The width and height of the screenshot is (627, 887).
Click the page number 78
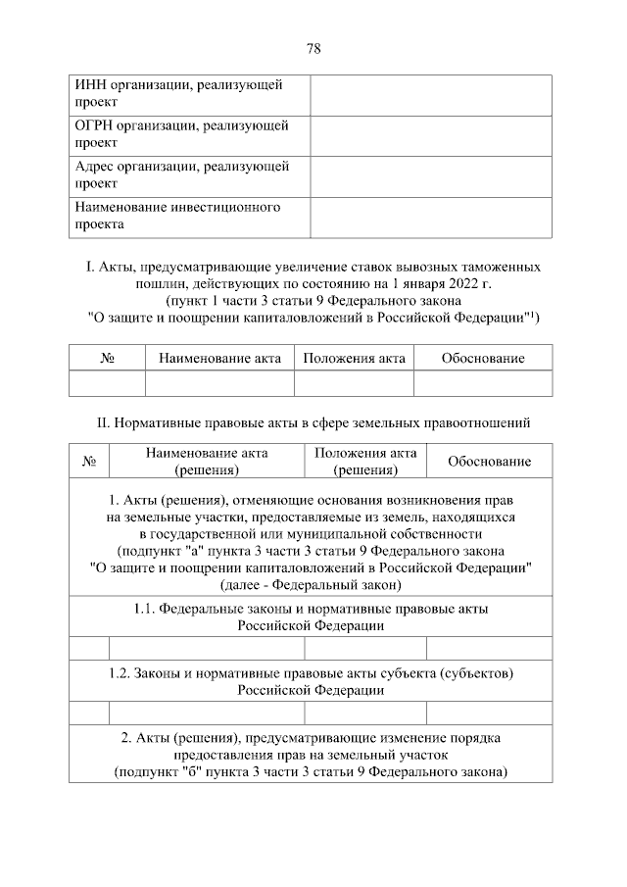313,48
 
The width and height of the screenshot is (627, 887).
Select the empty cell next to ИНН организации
431,94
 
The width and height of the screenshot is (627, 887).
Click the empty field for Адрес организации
431,176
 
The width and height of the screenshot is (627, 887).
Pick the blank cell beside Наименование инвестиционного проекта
431,217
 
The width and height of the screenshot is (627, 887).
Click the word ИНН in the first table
90,85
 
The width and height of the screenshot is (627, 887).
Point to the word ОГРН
94,126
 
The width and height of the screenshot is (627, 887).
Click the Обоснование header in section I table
483,359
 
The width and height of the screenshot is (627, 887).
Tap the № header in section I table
107,359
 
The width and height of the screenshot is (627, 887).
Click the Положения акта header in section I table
354,359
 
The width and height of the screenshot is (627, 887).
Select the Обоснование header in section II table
489,462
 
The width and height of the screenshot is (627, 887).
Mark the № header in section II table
89,462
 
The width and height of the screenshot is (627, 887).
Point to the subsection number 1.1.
145,609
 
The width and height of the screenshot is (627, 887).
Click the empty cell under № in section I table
107,383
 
